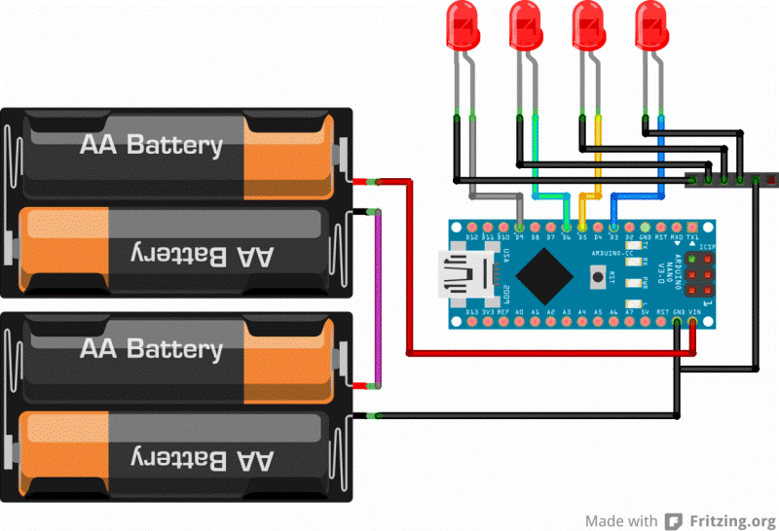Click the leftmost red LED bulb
click(463, 24)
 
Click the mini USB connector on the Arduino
click(458, 274)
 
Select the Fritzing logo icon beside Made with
click(672, 519)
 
